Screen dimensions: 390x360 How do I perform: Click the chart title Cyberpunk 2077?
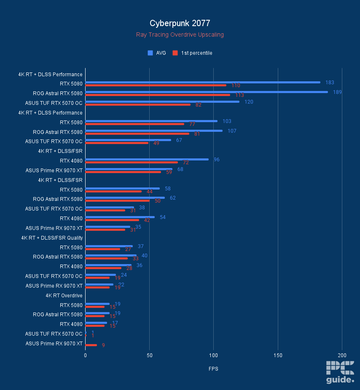click(180, 23)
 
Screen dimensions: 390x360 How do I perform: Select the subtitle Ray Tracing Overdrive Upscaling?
click(180, 35)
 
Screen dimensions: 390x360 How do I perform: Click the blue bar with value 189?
click(207, 92)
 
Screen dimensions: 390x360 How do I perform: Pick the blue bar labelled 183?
click(203, 82)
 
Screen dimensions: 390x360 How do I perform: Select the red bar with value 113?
click(158, 95)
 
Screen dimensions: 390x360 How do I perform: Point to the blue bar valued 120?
click(162, 102)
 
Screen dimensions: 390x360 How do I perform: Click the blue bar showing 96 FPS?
click(147, 159)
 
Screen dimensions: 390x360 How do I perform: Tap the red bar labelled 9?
click(91, 345)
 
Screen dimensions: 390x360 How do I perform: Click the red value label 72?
click(186, 163)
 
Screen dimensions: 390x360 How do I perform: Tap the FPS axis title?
click(213, 369)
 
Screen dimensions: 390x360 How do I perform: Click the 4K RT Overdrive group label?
click(64, 296)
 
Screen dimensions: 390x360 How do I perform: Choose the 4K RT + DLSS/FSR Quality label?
click(52, 238)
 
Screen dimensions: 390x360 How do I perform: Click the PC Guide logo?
click(340, 372)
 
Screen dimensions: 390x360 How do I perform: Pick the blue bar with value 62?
click(125, 198)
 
